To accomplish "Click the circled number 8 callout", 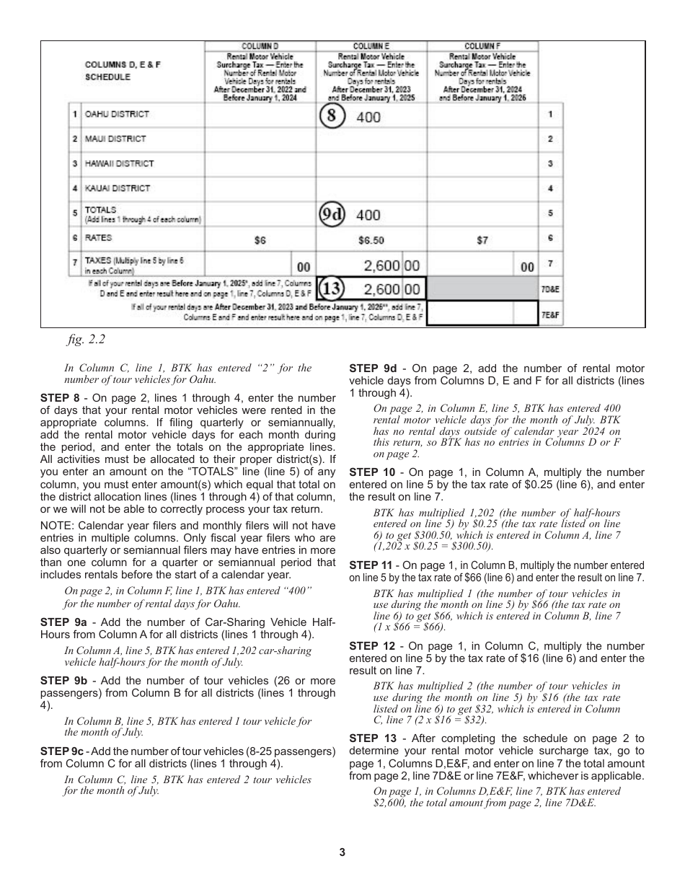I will pos(333,117).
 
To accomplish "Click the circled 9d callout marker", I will pos(332,214).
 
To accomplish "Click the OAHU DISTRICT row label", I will pos(116,114).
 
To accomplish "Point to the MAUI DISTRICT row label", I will pos(115,138).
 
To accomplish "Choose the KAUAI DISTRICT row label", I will pos(118,188).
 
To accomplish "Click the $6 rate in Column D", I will pos(260,241).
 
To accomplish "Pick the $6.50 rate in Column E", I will pos(371,241).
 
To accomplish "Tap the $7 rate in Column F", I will pos(482,241).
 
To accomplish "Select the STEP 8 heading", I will pos(60,397).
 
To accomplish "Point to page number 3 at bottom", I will pos(342,852).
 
